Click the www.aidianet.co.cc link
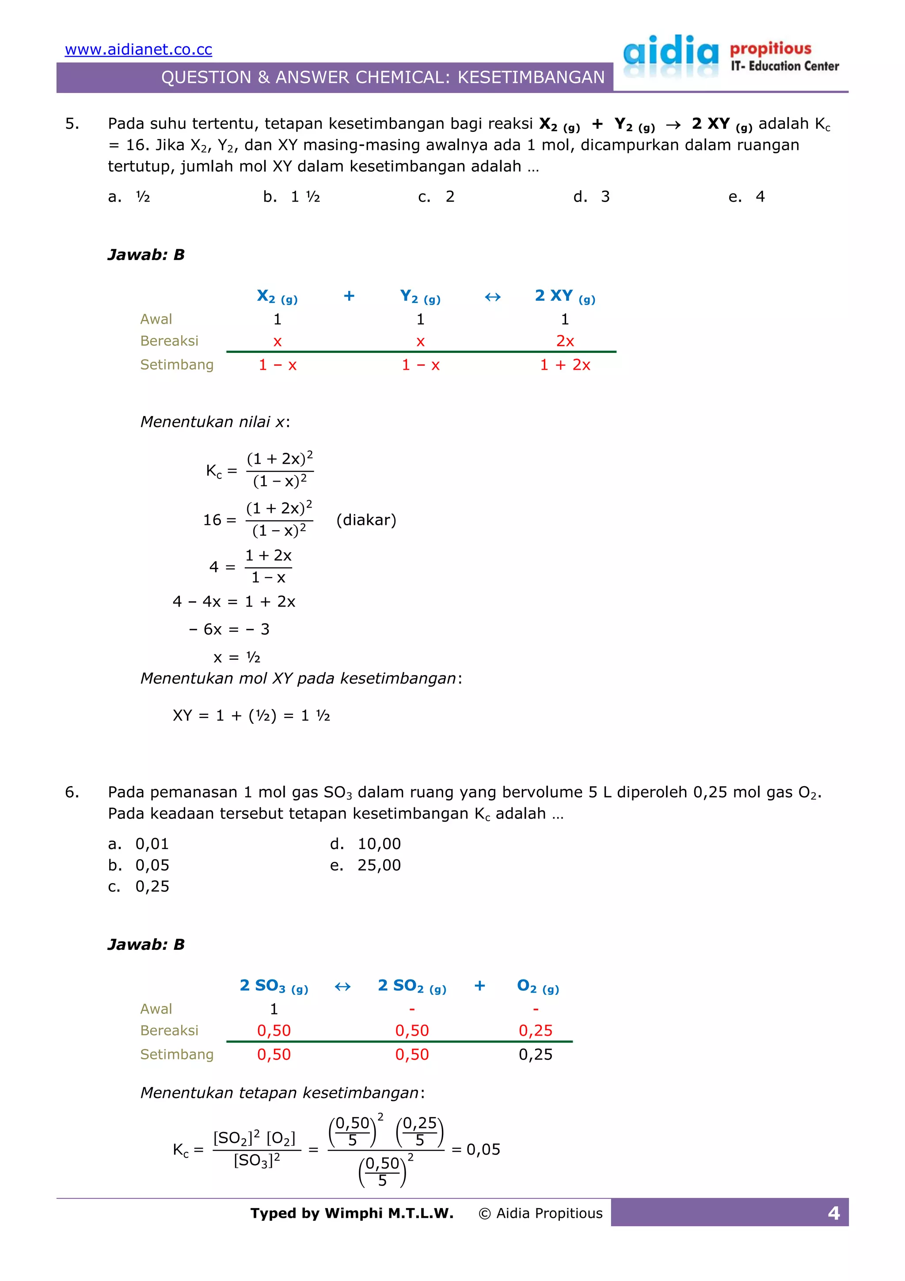pos(138,50)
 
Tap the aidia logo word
pos(671,54)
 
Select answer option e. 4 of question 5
pos(747,196)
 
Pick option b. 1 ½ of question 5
pos(292,196)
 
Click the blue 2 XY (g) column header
pos(564,296)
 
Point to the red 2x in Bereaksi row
pos(564,341)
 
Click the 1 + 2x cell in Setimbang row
pos(564,365)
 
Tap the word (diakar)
pos(366,520)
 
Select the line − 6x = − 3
pos(229,629)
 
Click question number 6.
pos(72,792)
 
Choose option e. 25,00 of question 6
pos(365,865)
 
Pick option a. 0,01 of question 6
pos(138,844)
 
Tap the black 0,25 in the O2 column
pos(535,1055)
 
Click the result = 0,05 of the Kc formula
pos(475,1149)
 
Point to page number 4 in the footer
pos(833,1213)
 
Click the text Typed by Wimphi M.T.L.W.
pos(352,1213)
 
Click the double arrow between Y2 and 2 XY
pos(492,297)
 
